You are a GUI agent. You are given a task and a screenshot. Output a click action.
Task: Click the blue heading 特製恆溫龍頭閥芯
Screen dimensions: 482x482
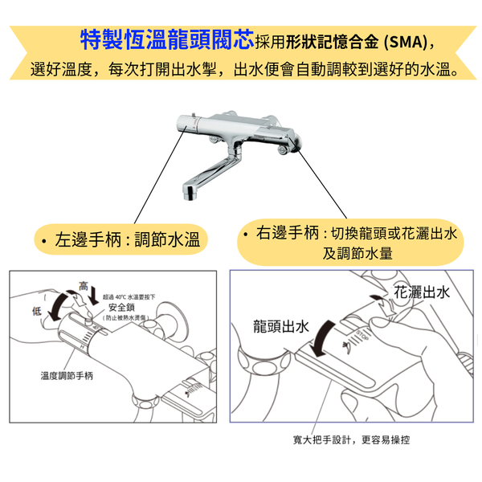[x=167, y=39]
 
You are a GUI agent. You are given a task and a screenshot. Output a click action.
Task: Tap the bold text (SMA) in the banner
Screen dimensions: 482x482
[x=406, y=42]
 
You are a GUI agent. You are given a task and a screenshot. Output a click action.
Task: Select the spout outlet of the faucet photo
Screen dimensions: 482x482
[x=190, y=193]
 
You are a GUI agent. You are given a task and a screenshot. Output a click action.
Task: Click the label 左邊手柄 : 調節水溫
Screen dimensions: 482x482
[x=127, y=239]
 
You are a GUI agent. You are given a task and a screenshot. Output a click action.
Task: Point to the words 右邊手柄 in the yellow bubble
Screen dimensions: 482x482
[x=288, y=232]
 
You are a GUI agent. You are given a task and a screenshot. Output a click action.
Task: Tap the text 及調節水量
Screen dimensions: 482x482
[x=357, y=253]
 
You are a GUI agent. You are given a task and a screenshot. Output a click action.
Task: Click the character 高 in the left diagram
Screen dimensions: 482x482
[x=84, y=286]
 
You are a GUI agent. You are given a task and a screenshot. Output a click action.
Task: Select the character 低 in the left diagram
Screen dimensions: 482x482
[x=37, y=311]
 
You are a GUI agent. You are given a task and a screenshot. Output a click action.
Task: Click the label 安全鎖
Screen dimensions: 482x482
[x=122, y=307]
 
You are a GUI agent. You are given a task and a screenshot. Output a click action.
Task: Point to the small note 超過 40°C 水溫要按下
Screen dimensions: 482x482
[x=129, y=297]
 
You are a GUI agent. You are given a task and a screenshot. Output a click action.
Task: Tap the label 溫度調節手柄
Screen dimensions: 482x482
[x=67, y=375]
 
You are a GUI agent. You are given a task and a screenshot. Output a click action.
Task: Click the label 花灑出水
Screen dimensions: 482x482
[x=422, y=292]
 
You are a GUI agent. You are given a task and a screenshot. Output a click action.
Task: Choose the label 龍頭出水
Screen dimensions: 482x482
[x=281, y=326]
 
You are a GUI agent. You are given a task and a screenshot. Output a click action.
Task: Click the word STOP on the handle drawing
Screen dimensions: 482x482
[x=363, y=335]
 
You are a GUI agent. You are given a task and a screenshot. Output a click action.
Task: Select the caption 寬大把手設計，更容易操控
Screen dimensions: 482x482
[x=351, y=440]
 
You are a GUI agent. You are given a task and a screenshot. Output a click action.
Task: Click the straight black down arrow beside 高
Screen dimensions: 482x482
[x=93, y=294]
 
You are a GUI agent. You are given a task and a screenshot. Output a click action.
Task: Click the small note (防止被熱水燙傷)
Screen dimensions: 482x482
[x=126, y=317]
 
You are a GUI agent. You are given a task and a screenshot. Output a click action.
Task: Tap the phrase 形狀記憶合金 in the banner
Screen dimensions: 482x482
[x=332, y=42]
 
